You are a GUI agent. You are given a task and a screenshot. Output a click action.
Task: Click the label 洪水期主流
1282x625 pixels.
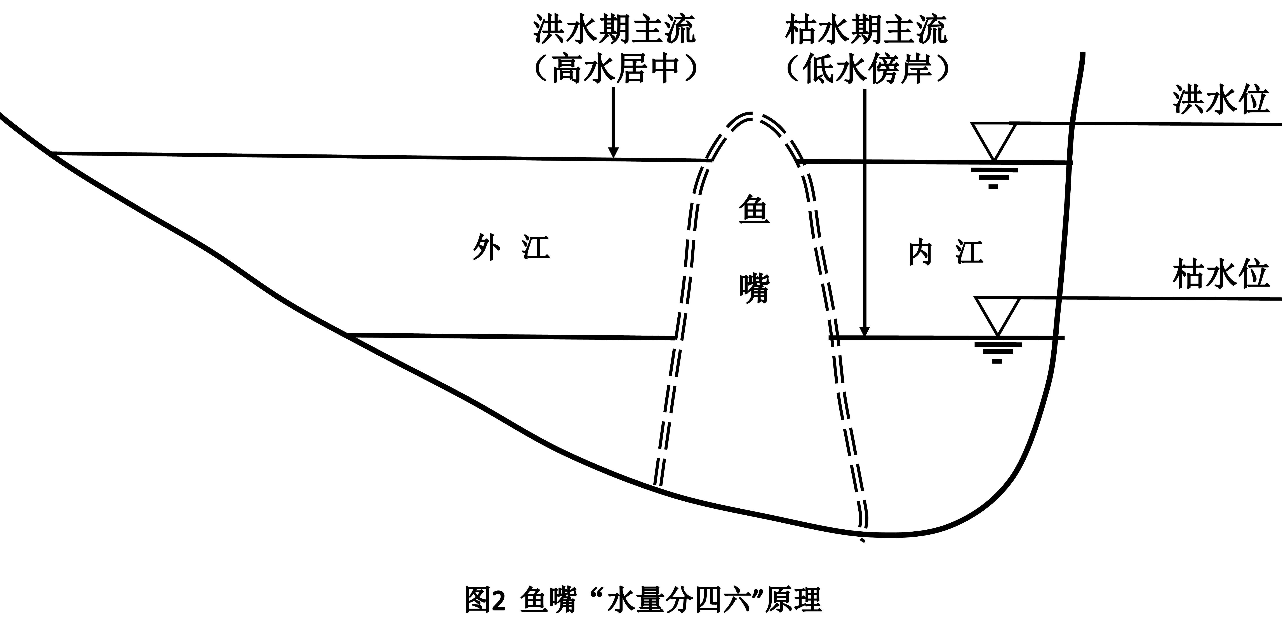coord(614,29)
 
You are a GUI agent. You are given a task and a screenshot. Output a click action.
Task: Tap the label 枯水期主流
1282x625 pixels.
coord(866,29)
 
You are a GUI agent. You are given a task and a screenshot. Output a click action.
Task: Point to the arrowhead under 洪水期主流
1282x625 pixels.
coord(614,152)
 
